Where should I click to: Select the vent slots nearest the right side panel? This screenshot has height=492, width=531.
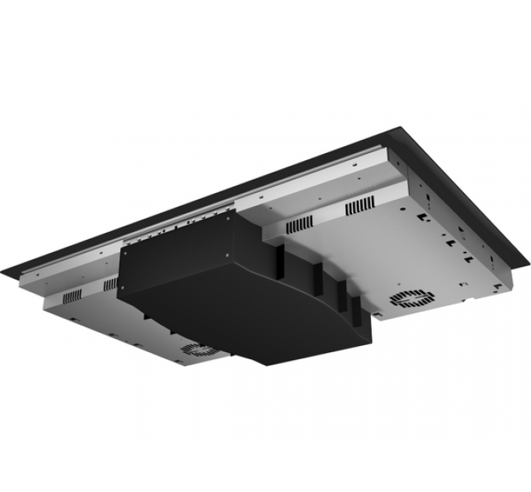point(360,206)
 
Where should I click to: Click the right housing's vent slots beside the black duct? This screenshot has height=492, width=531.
point(300,225)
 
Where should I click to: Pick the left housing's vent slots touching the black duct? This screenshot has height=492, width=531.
point(109,283)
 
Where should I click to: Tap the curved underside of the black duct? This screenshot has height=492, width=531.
point(312,328)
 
